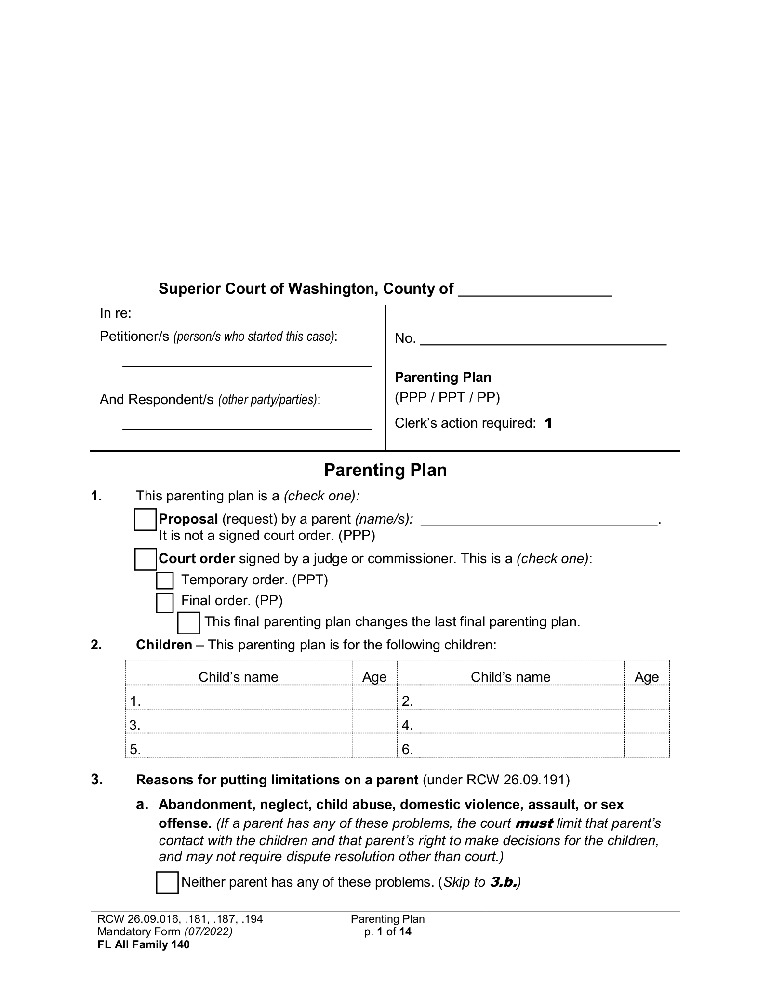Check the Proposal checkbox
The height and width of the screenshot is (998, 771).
click(x=145, y=520)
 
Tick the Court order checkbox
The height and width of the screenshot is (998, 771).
click(x=145, y=559)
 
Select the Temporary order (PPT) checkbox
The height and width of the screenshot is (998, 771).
click(x=165, y=580)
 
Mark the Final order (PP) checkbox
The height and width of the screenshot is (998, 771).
click(x=165, y=603)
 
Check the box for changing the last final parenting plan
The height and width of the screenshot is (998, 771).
click(x=188, y=623)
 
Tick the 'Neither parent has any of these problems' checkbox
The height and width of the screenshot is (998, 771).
click(x=167, y=883)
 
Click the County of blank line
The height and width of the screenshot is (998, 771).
click(x=534, y=291)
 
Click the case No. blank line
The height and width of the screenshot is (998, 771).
click(x=543, y=340)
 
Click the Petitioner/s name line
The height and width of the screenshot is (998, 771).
click(x=247, y=362)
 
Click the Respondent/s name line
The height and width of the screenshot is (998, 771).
click(x=247, y=424)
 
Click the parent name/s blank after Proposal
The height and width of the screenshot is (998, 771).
click(x=539, y=521)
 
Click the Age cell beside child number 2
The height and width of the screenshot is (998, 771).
click(x=646, y=701)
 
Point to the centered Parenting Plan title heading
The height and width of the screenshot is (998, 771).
click(x=385, y=470)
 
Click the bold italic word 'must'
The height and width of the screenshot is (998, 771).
click(x=533, y=823)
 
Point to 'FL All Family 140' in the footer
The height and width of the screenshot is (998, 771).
click(x=144, y=944)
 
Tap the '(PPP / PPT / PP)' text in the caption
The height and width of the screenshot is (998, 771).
click(x=447, y=398)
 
